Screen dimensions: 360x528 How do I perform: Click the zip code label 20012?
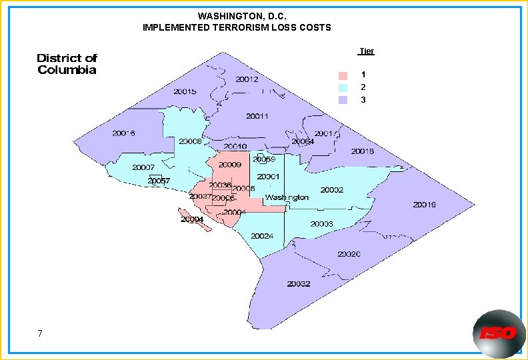pos(247,79)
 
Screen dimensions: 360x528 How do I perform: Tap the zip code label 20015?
pos(185,91)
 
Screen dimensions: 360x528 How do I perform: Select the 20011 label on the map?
pos(257,116)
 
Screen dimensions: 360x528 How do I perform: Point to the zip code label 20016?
pos(124,133)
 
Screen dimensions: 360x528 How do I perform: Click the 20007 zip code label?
pos(143,167)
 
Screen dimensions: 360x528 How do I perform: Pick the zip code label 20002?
pos(332,190)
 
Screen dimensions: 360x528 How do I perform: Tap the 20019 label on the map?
pos(425,205)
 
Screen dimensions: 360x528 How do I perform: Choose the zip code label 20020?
pos(349,254)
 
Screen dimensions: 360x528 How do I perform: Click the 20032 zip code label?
pos(299,283)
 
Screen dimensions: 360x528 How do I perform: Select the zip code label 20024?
pos(262,236)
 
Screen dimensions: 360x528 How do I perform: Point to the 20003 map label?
pos(321,224)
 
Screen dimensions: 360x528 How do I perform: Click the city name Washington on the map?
pos(287,197)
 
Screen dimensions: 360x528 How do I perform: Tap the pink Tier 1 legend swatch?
pos(343,75)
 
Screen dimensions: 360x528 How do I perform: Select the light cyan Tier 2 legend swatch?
pos(343,87)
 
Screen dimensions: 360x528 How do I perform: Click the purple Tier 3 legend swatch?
pos(343,100)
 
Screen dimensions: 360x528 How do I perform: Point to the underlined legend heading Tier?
pos(366,51)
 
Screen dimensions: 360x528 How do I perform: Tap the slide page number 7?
pos(41,333)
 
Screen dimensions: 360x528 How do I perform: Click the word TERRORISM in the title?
pos(243,27)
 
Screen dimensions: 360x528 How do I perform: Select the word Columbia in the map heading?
pos(67,70)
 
